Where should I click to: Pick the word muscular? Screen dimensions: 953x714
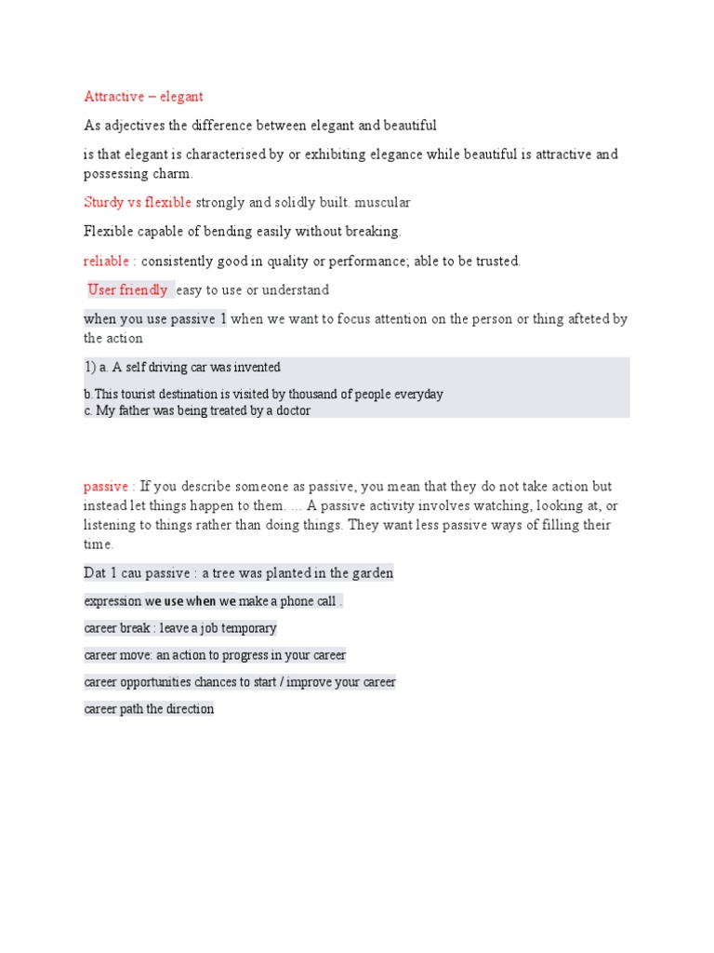pyautogui.click(x=381, y=203)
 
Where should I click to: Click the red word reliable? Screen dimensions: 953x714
pyautogui.click(x=106, y=262)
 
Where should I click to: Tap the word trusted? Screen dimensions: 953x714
pyautogui.click(x=496, y=262)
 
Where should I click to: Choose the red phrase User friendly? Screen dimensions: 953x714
pyautogui.click(x=127, y=290)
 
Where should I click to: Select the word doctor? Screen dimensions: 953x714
pyautogui.click(x=290, y=410)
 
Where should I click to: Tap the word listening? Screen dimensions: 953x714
pyautogui.click(x=112, y=526)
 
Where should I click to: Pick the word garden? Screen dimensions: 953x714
pyautogui.click(x=370, y=573)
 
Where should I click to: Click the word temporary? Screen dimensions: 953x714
pyautogui.click(x=246, y=628)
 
